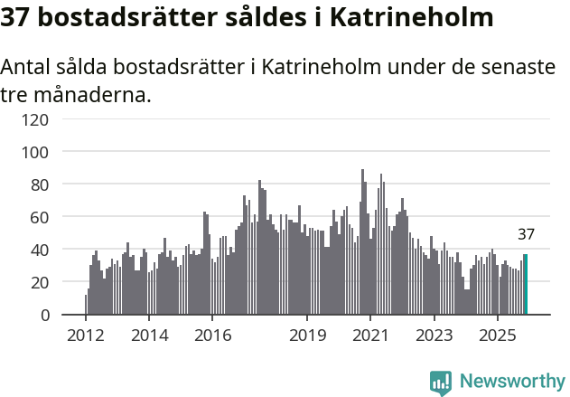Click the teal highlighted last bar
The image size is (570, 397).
(526, 285)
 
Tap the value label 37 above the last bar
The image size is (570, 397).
(526, 234)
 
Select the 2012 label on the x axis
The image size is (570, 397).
(86, 336)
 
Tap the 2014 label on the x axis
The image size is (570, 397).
(149, 336)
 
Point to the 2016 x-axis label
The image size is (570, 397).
(212, 336)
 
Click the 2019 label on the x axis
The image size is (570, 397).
(307, 336)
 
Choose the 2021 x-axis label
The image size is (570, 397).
(370, 336)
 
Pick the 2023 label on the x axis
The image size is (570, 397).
(434, 336)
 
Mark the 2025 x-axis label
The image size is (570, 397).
(497, 336)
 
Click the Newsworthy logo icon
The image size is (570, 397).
(441, 383)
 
